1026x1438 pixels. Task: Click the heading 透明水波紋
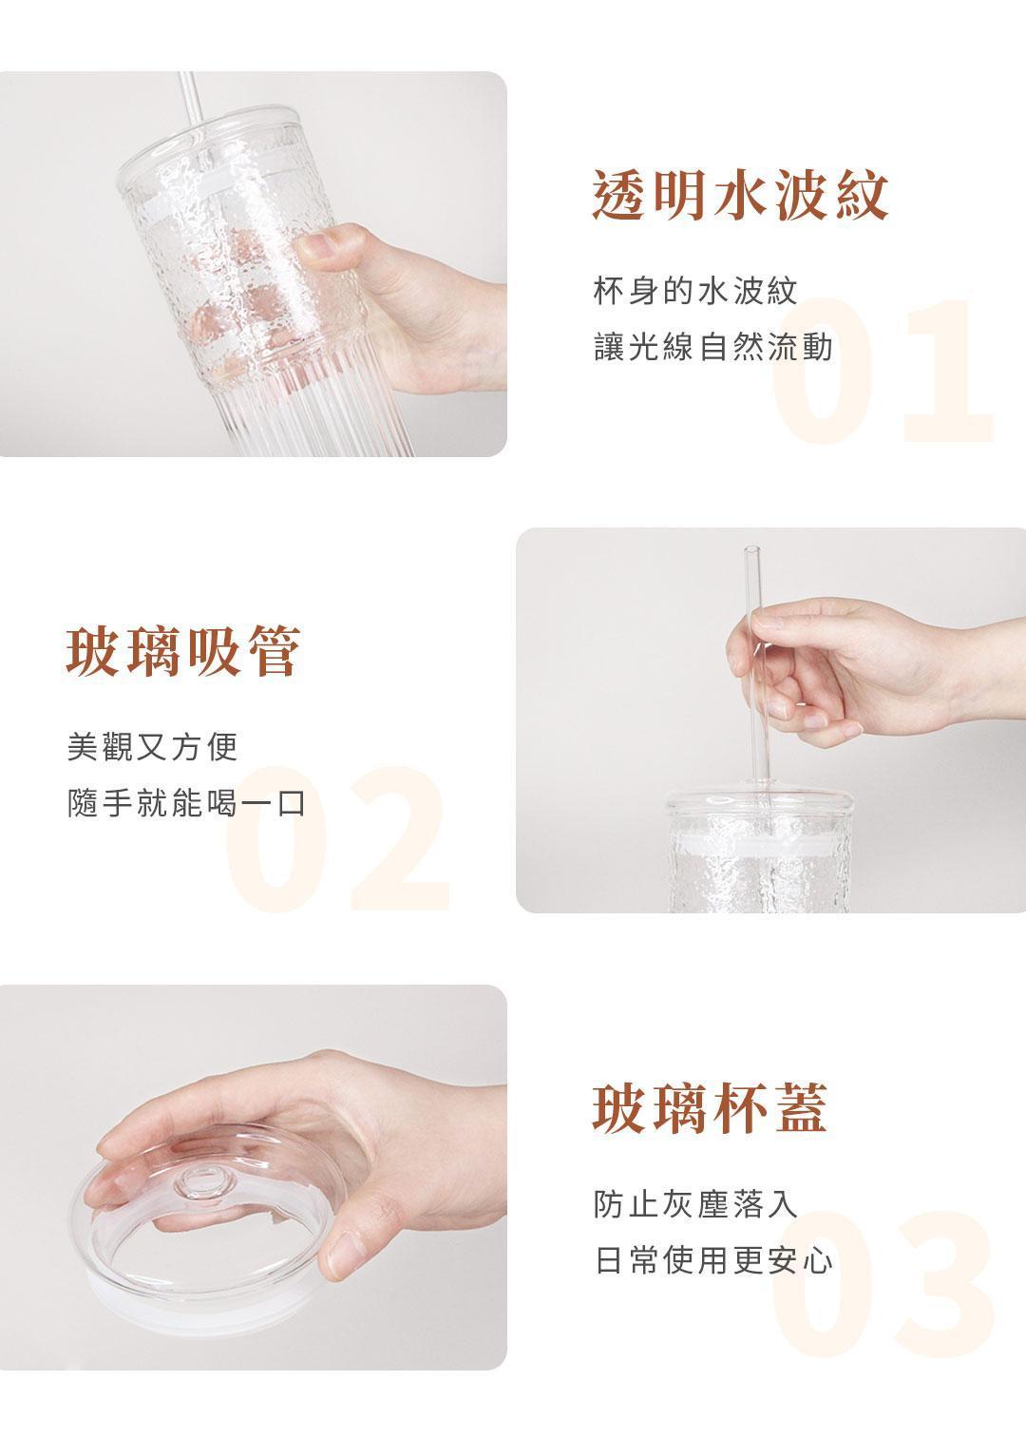pyautogui.click(x=740, y=195)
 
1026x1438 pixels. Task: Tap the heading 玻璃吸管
pyautogui.click(x=183, y=651)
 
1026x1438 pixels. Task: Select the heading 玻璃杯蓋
pyautogui.click(x=710, y=1108)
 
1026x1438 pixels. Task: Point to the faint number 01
pyautogui.click(x=883, y=371)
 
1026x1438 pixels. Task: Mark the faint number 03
pyautogui.click(x=883, y=1283)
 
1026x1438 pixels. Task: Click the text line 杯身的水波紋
pyautogui.click(x=695, y=292)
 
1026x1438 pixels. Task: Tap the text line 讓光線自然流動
pyautogui.click(x=712, y=347)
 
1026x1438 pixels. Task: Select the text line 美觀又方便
pyautogui.click(x=153, y=747)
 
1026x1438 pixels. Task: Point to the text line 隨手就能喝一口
pyautogui.click(x=186, y=803)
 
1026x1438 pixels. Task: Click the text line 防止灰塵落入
pyautogui.click(x=695, y=1203)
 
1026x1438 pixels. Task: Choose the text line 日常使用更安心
pyautogui.click(x=712, y=1260)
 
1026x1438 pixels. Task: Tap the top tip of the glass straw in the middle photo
pyautogui.click(x=751, y=547)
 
